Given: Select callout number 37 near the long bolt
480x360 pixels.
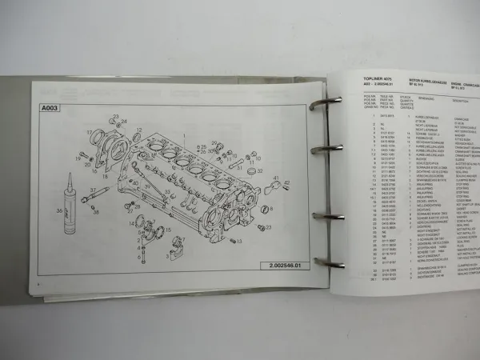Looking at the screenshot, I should [106, 190].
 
